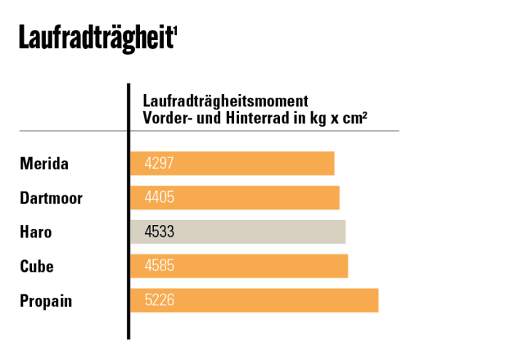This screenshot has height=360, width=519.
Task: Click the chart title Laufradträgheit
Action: pyautogui.click(x=95, y=38)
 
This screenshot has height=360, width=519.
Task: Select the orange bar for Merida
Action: pyautogui.click(x=232, y=163)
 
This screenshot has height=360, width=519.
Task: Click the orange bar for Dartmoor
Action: pyautogui.click(x=235, y=197)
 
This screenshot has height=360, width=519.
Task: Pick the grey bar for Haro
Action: pyautogui.click(x=238, y=232)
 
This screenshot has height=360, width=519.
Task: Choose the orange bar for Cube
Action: pyautogui.click(x=239, y=266)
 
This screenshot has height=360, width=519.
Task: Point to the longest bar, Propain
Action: pyautogui.click(x=254, y=300)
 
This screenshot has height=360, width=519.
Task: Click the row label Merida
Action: pyautogui.click(x=44, y=163)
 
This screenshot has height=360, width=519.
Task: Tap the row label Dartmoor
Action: pyautogui.click(x=51, y=197)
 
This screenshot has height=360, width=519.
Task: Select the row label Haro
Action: pyautogui.click(x=36, y=232)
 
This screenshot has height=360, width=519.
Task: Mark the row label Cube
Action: pyautogui.click(x=36, y=266)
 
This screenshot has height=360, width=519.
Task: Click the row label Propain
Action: pyautogui.click(x=46, y=300)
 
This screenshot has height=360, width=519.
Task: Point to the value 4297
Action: pyautogui.click(x=160, y=163)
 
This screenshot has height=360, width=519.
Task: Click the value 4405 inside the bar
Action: pyautogui.click(x=160, y=197)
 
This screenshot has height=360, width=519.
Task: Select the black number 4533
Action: pyautogui.click(x=160, y=232)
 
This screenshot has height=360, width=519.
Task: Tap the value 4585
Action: pyautogui.click(x=160, y=266)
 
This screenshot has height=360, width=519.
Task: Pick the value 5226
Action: pyautogui.click(x=160, y=300)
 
